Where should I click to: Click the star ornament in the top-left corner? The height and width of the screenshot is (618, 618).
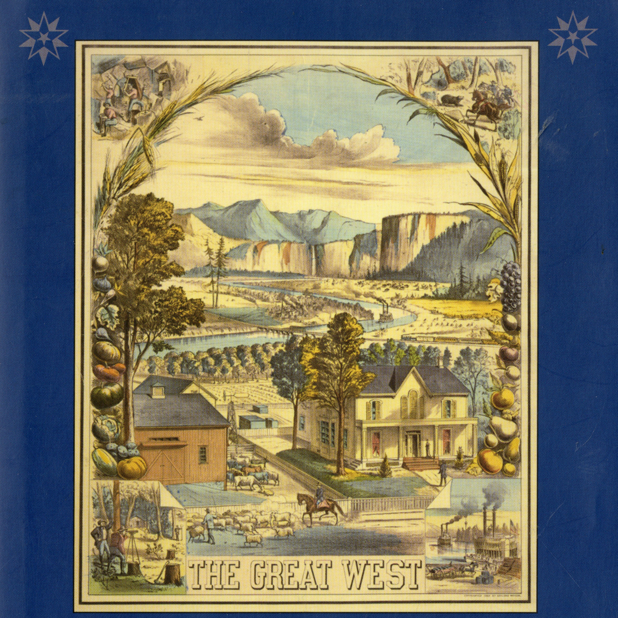click(x=44, y=42)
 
